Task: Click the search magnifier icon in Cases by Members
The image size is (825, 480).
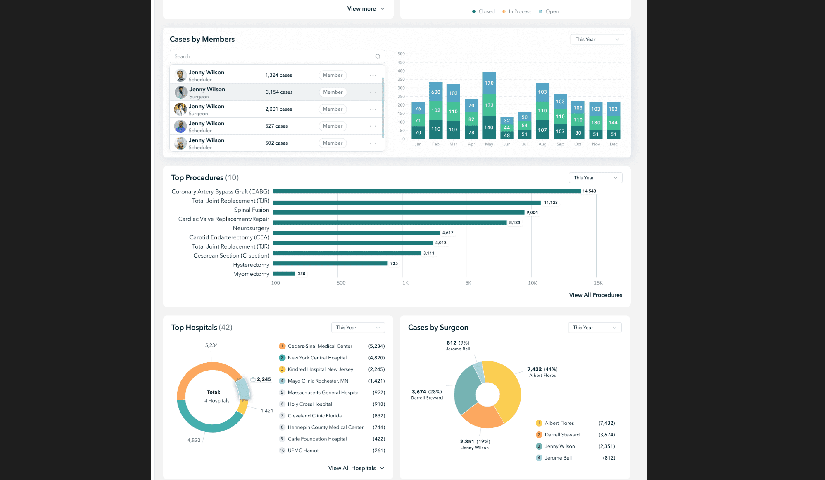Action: point(378,56)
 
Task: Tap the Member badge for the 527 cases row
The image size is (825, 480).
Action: point(333,126)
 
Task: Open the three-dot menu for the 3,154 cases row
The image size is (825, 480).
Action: point(373,92)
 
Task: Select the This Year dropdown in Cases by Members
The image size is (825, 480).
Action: point(597,39)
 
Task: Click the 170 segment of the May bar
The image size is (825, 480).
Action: point(489,83)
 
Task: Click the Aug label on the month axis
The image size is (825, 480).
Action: point(542,144)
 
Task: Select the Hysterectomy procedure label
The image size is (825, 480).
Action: point(251,265)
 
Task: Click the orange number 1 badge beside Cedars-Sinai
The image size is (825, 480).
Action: point(282,346)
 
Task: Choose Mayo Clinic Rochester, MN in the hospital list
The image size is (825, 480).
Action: point(318,381)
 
